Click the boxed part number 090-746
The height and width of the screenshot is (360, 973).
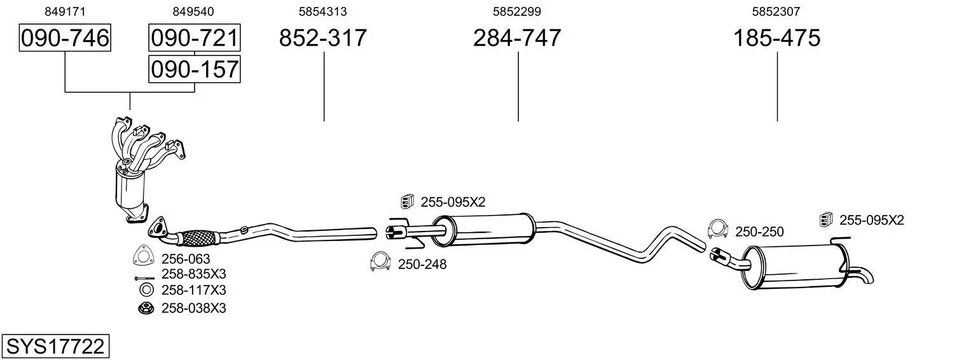[x=65, y=38]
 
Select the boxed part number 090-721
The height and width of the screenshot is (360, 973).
[x=195, y=38]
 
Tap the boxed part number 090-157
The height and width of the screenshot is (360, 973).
[x=195, y=69]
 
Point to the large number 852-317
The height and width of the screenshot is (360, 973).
[x=322, y=38]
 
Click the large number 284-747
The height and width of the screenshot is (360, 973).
[x=517, y=38]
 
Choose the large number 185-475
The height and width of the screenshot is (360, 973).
[x=776, y=38]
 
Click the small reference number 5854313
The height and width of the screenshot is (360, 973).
[x=322, y=11]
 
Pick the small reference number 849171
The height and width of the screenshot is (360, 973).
[x=65, y=11]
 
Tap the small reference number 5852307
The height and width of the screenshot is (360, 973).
[x=776, y=11]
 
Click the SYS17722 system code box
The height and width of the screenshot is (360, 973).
[x=55, y=346]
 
